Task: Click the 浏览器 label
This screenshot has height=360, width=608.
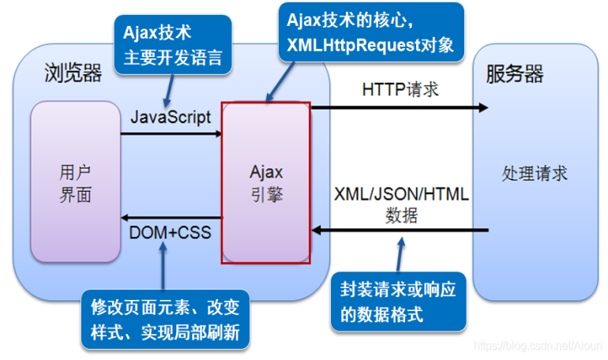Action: pos(73,73)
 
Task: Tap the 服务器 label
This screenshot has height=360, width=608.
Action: pos(515,73)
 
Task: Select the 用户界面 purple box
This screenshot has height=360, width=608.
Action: pos(76,182)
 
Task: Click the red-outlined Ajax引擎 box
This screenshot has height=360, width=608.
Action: pos(266,183)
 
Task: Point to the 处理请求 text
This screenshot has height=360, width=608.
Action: pos(535,173)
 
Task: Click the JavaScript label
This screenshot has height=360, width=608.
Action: pos(171,117)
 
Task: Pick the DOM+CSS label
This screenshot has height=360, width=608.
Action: pos(170,233)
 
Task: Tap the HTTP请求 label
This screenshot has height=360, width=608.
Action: pos(400,89)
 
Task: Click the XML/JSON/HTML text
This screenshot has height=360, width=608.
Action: pos(401,194)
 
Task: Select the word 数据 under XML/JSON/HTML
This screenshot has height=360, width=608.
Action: pos(401,216)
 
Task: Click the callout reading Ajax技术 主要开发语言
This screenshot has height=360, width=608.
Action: pos(173,45)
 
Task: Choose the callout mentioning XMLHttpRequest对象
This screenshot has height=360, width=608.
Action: pos(371,32)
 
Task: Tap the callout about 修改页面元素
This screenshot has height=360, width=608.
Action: pos(166,320)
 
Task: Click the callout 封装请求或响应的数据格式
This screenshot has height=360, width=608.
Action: pos(399,302)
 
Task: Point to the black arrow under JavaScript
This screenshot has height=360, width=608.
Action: pos(171,133)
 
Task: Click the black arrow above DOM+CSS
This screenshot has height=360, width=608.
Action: pos(171,218)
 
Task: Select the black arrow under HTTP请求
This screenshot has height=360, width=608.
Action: pos(400,107)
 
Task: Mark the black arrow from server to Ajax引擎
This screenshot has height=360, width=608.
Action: pos(400,231)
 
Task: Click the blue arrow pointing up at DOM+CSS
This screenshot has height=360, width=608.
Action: pos(163,266)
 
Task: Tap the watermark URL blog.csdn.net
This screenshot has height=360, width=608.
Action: pos(538,345)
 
